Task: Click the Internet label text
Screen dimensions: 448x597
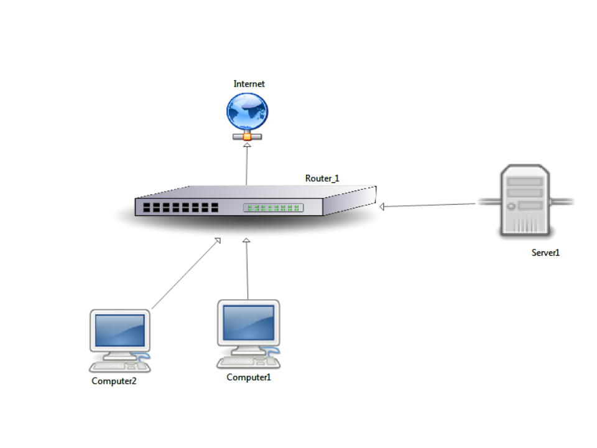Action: click(x=249, y=84)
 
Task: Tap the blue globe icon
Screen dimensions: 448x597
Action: click(x=247, y=112)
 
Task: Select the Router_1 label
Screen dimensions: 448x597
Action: click(x=322, y=179)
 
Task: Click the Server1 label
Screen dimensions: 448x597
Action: click(x=545, y=253)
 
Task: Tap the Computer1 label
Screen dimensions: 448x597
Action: click(x=249, y=377)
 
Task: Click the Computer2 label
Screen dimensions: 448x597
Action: click(x=114, y=381)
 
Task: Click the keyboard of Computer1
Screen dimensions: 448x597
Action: click(x=243, y=361)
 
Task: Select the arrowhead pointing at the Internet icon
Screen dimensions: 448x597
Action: click(x=247, y=145)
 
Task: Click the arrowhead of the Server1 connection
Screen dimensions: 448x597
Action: click(x=382, y=207)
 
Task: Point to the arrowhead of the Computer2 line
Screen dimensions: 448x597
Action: click(x=217, y=241)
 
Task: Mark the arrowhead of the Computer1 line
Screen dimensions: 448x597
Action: click(x=246, y=241)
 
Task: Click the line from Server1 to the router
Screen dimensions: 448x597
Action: click(x=429, y=205)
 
